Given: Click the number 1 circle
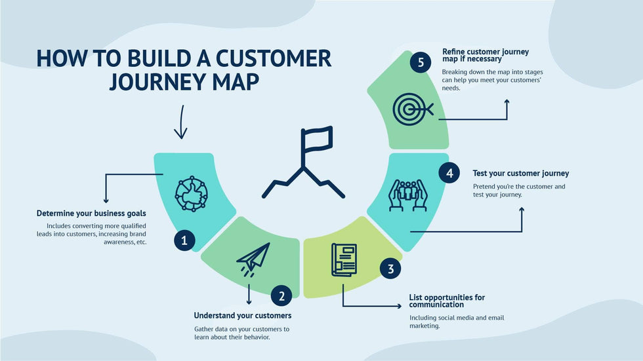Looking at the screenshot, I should (184, 241).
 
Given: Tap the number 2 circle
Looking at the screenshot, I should (281, 296).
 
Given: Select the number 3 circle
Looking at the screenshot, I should (390, 269).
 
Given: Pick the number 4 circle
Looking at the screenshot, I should (449, 174).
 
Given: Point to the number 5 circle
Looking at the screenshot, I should (421, 63).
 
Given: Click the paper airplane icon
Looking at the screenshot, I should (253, 257).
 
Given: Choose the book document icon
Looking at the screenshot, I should (344, 260).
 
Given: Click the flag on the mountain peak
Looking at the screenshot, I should (316, 138).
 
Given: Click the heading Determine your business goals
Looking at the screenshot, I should (91, 214).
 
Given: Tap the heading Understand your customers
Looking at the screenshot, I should (242, 316).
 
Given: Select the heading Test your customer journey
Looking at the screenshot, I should (520, 174).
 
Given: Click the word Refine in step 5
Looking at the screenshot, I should (453, 51).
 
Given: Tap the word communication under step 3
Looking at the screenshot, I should (437, 305).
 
